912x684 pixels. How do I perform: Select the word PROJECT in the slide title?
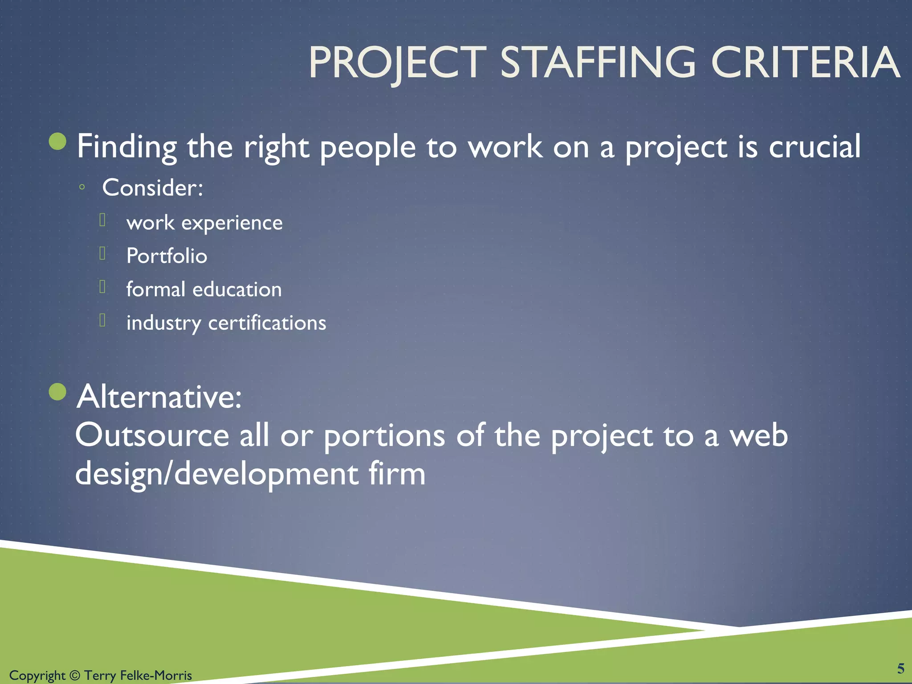pyautogui.click(x=397, y=63)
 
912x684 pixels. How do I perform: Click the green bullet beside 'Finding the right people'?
pyautogui.click(x=57, y=142)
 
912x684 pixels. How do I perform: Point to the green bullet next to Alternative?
pyautogui.click(x=57, y=392)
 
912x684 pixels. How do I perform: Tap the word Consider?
pyautogui.click(x=153, y=187)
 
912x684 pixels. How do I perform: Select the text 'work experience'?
pyautogui.click(x=204, y=223)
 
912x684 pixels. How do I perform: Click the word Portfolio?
pyautogui.click(x=167, y=256)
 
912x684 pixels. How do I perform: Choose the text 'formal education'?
pyautogui.click(x=204, y=289)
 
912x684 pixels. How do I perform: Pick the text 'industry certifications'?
pyautogui.click(x=226, y=323)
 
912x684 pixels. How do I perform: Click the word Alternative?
pyautogui.click(x=159, y=396)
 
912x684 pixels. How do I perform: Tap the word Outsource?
pyautogui.click(x=152, y=435)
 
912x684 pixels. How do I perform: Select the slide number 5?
pyautogui.click(x=900, y=668)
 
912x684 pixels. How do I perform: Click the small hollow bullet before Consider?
pyautogui.click(x=81, y=187)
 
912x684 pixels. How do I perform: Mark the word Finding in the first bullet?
pyautogui.click(x=126, y=147)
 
